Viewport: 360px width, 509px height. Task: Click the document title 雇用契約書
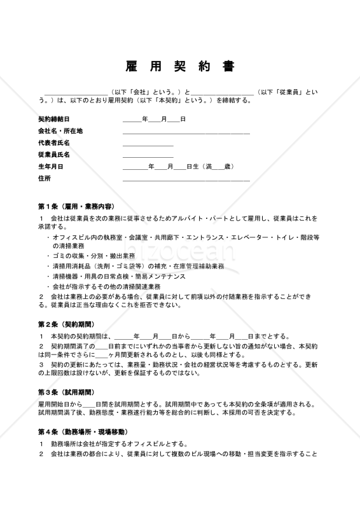[179, 67]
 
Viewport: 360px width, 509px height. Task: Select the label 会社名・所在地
[60, 131]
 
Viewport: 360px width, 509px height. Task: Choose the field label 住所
[44, 179]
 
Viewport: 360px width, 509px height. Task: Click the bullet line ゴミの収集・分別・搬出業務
[93, 256]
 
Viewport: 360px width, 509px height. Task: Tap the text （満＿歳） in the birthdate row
[218, 167]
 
